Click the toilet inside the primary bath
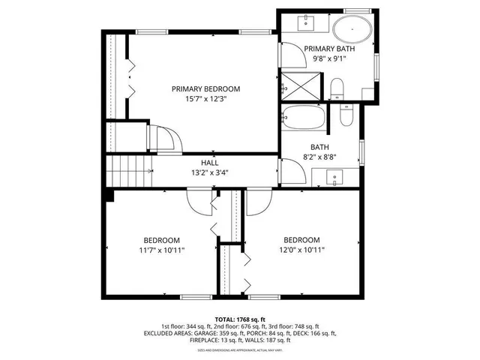337,91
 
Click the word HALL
209,162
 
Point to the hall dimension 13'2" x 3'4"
209,172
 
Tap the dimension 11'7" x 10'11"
161,250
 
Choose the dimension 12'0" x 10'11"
303,250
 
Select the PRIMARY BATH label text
329,49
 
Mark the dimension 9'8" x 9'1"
329,59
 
